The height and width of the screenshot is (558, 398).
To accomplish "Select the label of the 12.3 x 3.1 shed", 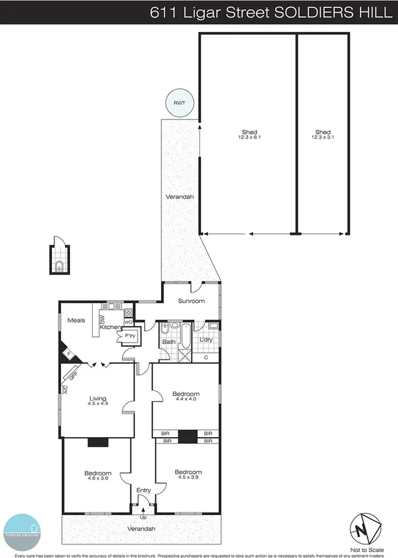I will tap(323, 135).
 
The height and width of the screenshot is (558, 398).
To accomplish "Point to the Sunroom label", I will tap(193, 301).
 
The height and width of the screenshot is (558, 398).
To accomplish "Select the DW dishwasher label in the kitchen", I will tap(103, 319).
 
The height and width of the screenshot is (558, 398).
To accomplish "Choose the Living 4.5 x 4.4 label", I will tap(97, 401).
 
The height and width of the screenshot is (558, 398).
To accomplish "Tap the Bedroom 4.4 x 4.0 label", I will tap(186, 397).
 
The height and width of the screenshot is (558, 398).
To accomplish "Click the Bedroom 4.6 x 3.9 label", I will tap(97, 475).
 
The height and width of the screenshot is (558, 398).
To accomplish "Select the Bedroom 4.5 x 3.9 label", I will tap(188, 475).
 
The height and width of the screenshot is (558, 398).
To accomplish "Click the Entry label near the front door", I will tap(143, 490).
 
